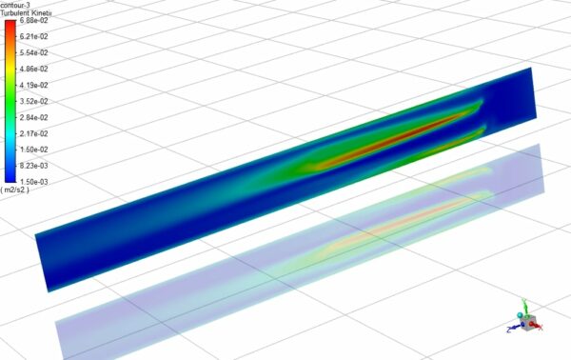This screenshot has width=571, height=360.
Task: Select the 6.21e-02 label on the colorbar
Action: pyautogui.click(x=33, y=36)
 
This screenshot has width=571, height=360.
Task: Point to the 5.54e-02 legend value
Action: pyautogui.click(x=33, y=52)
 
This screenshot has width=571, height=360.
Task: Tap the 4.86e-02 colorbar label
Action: pyautogui.click(x=33, y=69)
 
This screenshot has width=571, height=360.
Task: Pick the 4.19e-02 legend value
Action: pyautogui.click(x=33, y=85)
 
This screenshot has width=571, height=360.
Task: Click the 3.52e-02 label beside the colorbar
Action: pyautogui.click(x=33, y=101)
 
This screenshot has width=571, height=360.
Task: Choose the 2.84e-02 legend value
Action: pyautogui.click(x=33, y=117)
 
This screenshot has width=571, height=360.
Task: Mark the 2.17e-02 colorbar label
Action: pyautogui.click(x=33, y=132)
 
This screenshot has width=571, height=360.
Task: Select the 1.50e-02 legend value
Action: pyautogui.click(x=33, y=150)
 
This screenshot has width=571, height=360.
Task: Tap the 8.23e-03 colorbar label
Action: pyautogui.click(x=33, y=166)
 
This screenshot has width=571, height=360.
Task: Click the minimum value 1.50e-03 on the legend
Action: pyautogui.click(x=33, y=181)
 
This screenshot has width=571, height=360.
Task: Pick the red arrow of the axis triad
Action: pyautogui.click(x=537, y=325)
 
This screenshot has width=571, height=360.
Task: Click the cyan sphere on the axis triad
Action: pyautogui.click(x=521, y=313)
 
